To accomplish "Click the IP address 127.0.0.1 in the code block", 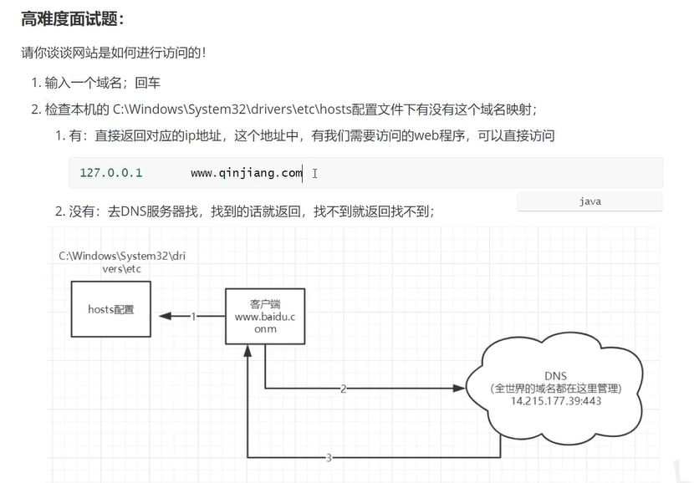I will click(x=111, y=173).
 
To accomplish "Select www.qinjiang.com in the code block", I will click(x=246, y=173).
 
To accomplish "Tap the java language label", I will click(x=589, y=201).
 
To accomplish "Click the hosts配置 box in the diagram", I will click(x=111, y=309).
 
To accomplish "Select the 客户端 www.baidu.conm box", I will click(x=264, y=317).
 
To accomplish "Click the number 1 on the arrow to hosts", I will click(x=193, y=317).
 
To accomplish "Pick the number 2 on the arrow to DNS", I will click(x=343, y=389).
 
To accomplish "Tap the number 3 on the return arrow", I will click(x=329, y=457).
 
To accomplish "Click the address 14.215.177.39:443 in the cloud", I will click(x=555, y=401).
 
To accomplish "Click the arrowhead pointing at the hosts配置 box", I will click(x=165, y=317).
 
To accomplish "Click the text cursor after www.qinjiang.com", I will click(x=314, y=173).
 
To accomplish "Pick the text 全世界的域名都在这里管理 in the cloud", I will click(x=555, y=389).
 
